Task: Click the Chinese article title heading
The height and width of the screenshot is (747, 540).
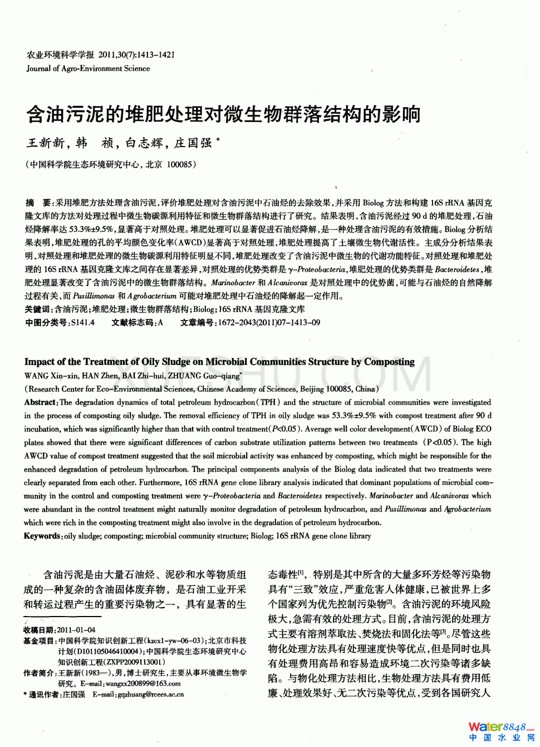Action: [223, 114]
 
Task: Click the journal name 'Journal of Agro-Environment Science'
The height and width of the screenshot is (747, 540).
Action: [88, 69]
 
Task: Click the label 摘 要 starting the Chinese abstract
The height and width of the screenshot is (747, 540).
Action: [38, 203]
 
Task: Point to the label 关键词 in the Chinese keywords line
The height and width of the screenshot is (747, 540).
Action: [38, 309]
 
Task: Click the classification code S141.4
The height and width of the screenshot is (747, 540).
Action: [83, 323]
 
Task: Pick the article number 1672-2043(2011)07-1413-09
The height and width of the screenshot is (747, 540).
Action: [269, 323]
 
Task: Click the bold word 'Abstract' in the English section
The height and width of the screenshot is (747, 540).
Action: [40, 402]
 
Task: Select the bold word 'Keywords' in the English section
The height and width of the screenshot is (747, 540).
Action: [42, 536]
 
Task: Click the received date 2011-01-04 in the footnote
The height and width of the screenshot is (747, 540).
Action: [76, 630]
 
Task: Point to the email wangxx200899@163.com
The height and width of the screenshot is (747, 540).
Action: [143, 683]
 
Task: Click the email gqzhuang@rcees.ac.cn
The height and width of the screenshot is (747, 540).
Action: [150, 695]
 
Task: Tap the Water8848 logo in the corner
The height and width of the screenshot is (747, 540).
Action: [500, 731]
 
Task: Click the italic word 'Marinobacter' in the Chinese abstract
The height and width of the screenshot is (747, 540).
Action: [233, 283]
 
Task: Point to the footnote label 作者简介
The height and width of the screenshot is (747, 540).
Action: [38, 673]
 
